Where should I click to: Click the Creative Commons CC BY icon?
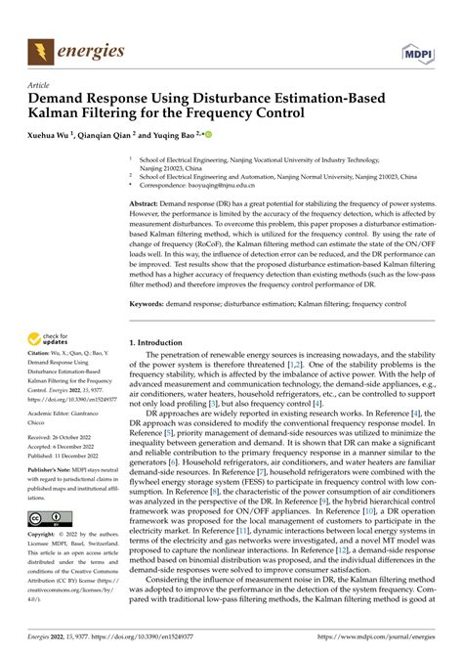[48, 519]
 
